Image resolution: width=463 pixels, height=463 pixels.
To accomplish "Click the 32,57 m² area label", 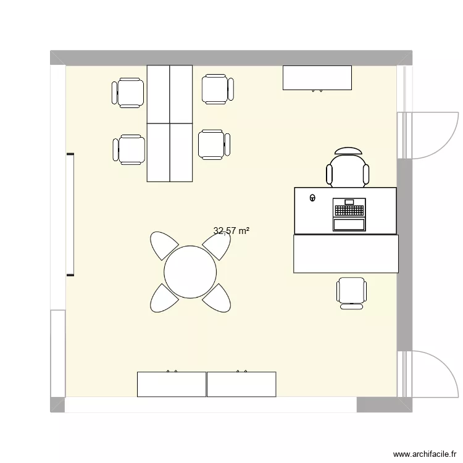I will click(231, 231).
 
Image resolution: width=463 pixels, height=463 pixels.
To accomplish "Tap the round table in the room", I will click(190, 271).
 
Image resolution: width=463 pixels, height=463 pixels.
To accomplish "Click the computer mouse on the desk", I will click(312, 198).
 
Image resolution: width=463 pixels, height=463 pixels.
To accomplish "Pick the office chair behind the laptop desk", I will click(349, 168).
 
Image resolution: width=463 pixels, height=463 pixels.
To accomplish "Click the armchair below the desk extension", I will click(352, 292).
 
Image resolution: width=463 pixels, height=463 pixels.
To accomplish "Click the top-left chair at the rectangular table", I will click(129, 93).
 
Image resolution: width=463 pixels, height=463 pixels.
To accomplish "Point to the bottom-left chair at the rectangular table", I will click(130, 150).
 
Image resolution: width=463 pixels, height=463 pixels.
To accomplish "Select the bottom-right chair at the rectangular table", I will click(214, 144).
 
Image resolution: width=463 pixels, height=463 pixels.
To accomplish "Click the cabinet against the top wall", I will click(317, 78).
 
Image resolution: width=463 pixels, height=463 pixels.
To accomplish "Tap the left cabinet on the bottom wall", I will click(172, 384).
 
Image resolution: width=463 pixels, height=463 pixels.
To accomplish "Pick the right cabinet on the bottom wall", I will click(241, 384).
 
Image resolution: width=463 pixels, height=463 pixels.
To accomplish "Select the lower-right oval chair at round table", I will click(217, 298).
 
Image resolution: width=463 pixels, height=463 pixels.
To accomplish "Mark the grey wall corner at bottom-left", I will click(57, 404).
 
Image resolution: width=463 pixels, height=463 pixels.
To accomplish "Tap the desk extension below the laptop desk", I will click(346, 254).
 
